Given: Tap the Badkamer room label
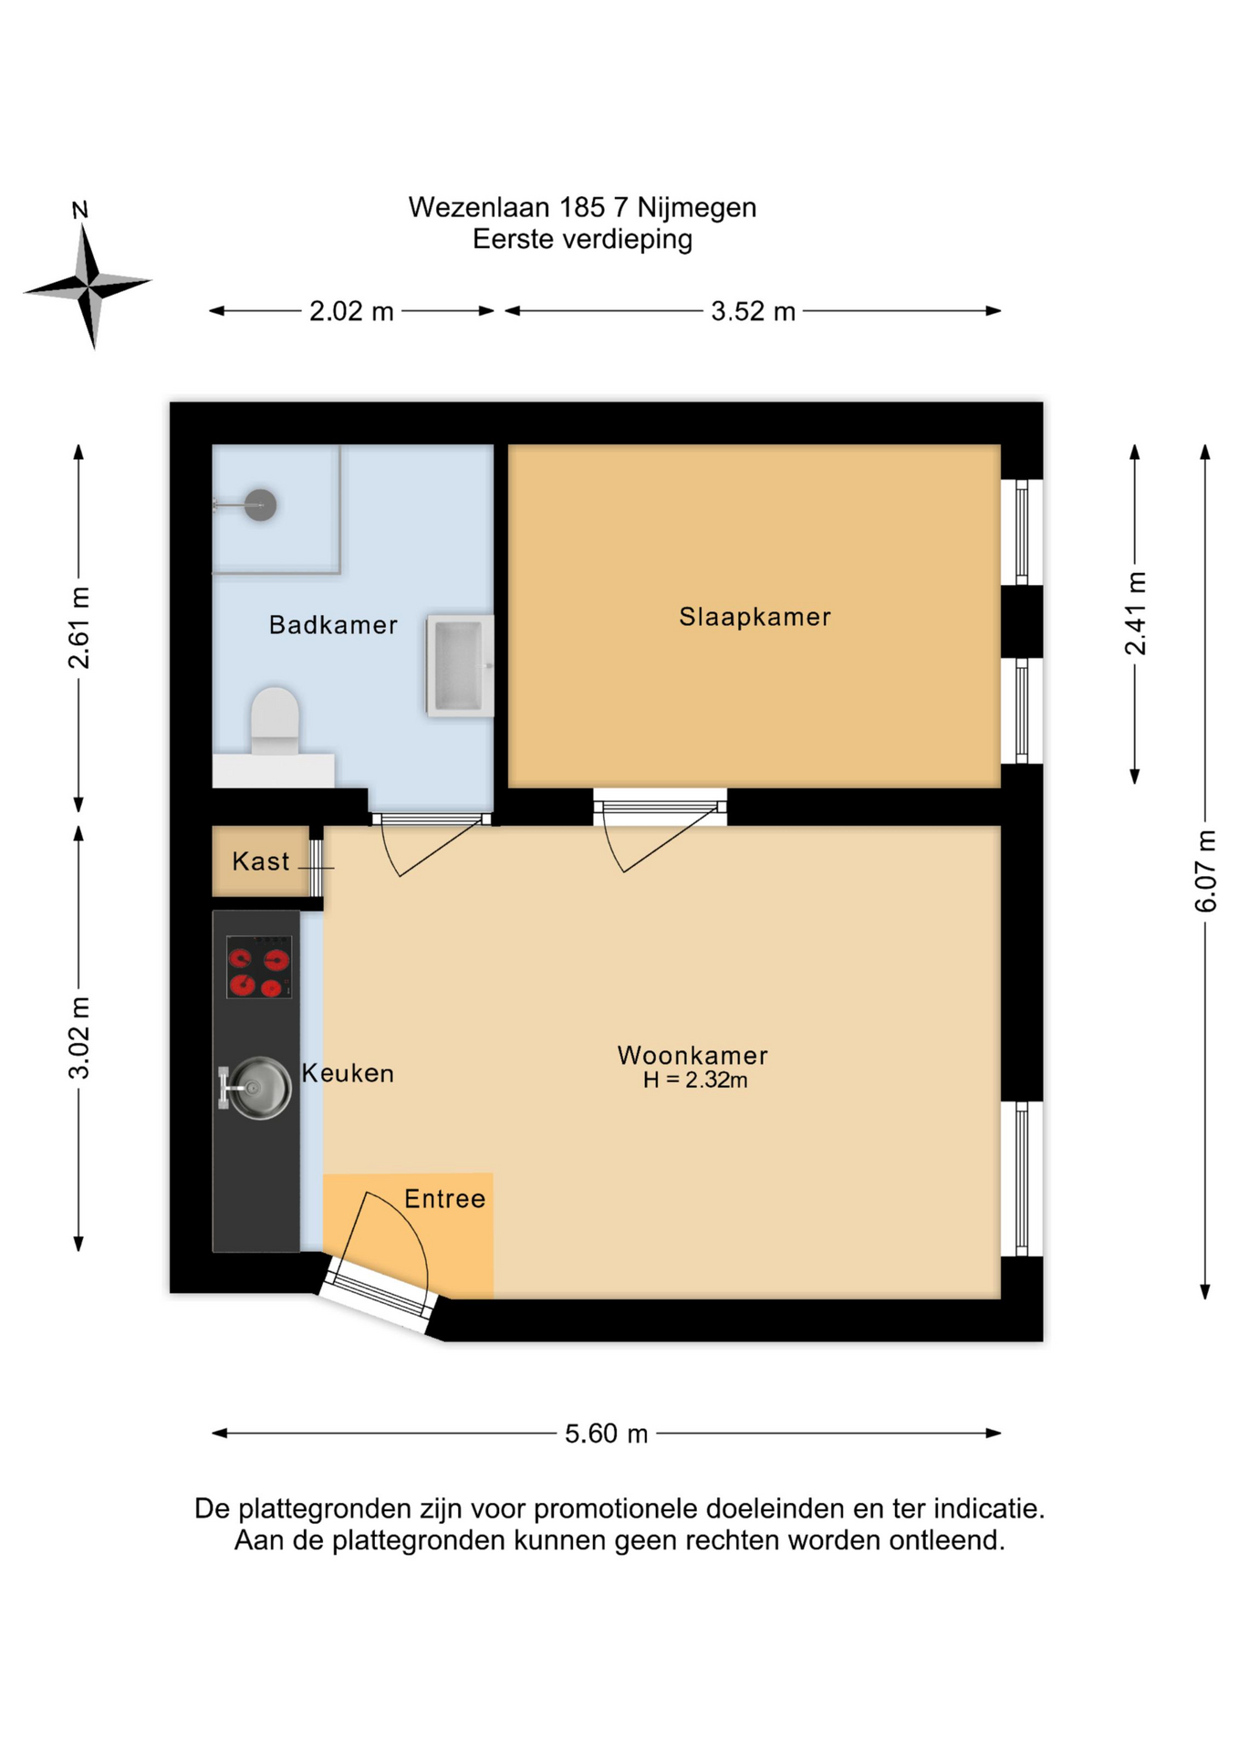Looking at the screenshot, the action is point(333,625).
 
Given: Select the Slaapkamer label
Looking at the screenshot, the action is point(755,617).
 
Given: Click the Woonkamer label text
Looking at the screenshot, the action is point(692,1056).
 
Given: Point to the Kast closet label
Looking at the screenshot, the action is point(261,861).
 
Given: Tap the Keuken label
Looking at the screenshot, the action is point(348,1073).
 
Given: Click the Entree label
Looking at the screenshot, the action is point(445,1199).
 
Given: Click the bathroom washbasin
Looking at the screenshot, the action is point(461,665).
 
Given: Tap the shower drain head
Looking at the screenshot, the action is point(261,505).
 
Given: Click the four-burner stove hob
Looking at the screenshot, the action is point(259,967).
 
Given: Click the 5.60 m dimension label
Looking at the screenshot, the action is point(606,1434).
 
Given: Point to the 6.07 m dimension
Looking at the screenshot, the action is point(1205,871).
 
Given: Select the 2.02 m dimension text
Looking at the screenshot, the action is point(351,312).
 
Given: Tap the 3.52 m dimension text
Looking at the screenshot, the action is point(754,312).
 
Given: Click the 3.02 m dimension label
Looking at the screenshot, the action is point(79,1038).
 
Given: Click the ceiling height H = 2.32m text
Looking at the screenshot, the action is point(695,1080).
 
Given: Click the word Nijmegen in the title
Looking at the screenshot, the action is point(697,209).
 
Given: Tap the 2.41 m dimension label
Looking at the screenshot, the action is point(1135,613).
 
